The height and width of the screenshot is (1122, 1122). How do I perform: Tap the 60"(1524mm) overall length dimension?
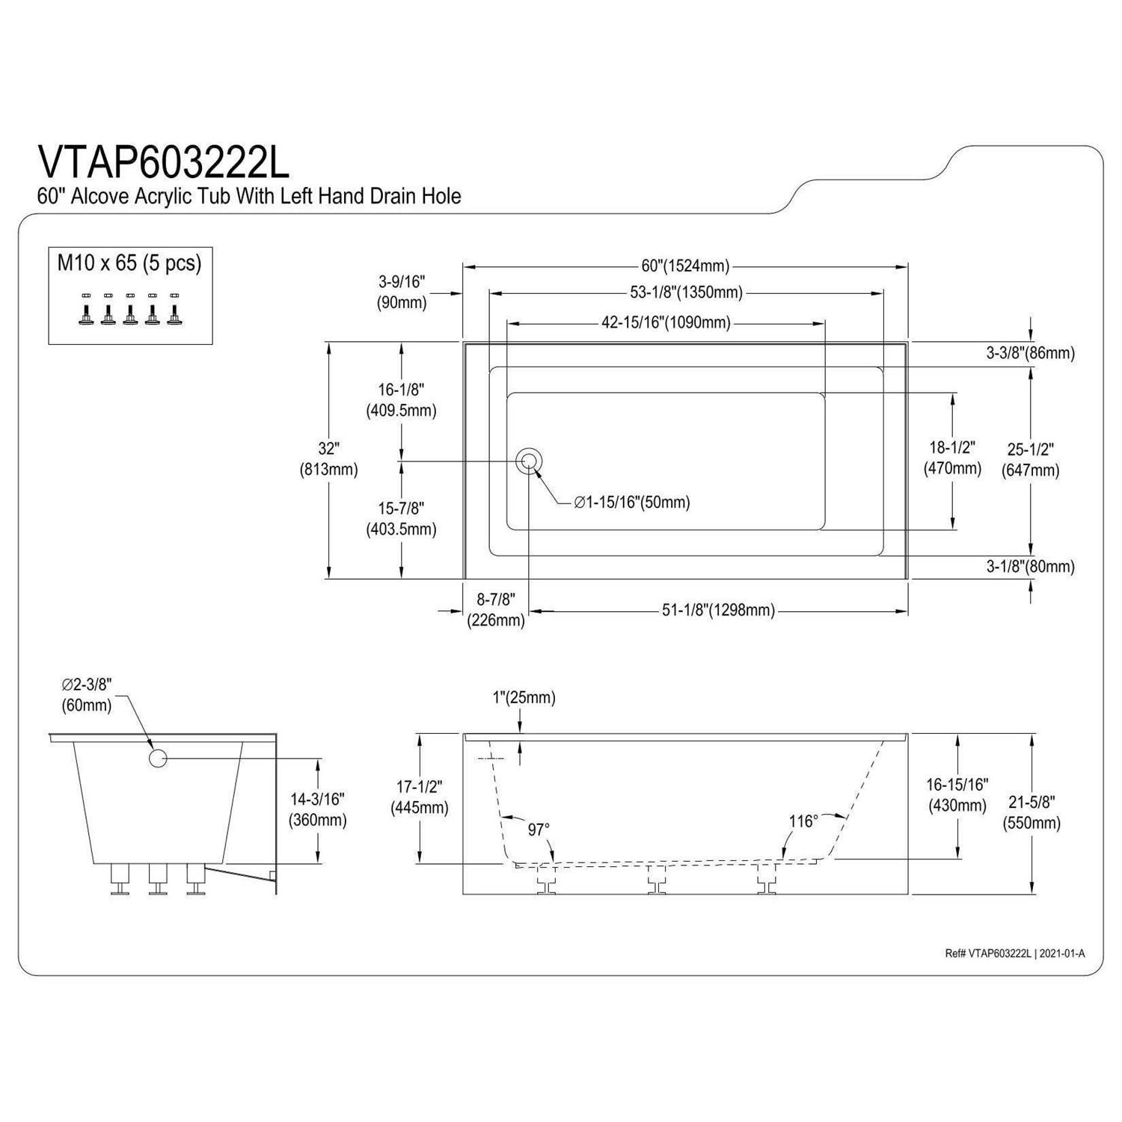pos(685,266)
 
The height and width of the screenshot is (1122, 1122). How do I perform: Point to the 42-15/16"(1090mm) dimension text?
pos(666,323)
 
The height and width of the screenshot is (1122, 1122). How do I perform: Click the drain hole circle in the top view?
pos(530,461)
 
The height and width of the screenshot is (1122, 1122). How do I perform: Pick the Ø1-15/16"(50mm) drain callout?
pos(632,503)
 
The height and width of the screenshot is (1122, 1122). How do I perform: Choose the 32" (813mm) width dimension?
pos(328,459)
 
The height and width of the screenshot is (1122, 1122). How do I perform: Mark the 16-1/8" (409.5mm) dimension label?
pos(401,400)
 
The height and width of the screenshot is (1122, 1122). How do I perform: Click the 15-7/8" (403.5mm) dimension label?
pos(401,519)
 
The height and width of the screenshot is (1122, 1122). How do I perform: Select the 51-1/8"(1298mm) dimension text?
pos(718,610)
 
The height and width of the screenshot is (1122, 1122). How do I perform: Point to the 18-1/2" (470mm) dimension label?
pos(952,459)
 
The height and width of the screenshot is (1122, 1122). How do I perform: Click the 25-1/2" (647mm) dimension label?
pos(1031,460)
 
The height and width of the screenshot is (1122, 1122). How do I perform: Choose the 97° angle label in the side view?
pos(539,830)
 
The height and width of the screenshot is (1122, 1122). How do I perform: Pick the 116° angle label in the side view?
pos(803,821)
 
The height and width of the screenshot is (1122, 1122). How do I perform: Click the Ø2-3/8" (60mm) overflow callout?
pos(87,694)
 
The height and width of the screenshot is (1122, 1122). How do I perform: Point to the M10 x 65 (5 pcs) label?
pos(129,263)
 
